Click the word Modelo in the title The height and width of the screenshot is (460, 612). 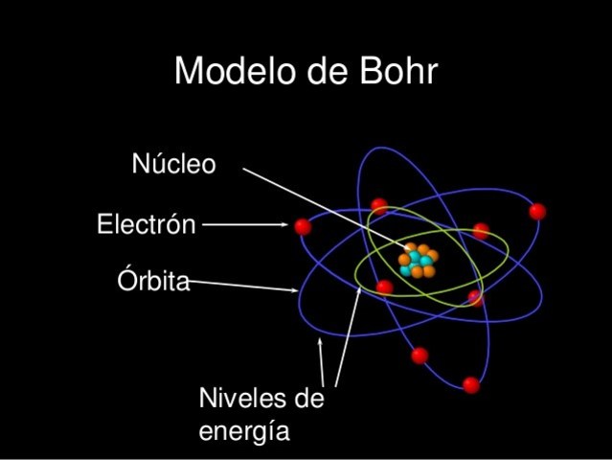click(x=235, y=72)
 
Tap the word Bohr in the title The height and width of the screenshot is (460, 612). click(x=396, y=72)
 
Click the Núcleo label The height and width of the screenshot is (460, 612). click(x=173, y=165)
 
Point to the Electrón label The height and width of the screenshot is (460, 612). click(x=146, y=225)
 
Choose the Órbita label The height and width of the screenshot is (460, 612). click(x=153, y=282)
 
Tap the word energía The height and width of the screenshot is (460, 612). click(x=243, y=431)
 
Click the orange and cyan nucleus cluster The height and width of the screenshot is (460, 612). click(x=418, y=261)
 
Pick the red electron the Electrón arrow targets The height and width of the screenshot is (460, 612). click(x=303, y=226)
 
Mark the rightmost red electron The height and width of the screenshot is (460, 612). click(x=537, y=211)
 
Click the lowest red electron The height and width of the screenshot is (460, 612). click(x=470, y=385)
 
